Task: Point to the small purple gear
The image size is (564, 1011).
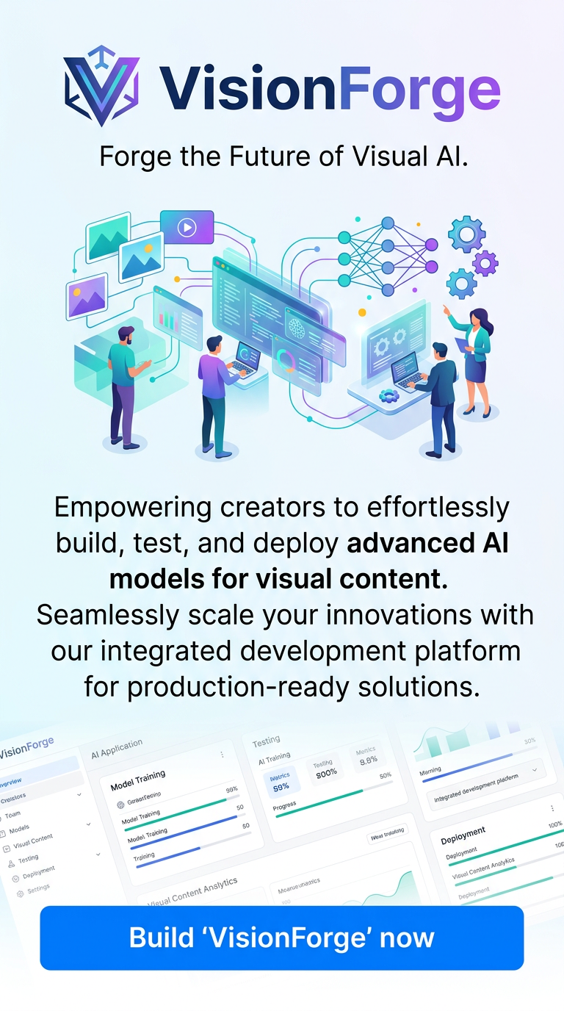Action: pyautogui.click(x=485, y=262)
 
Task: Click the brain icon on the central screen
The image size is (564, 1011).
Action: pyautogui.click(x=297, y=327)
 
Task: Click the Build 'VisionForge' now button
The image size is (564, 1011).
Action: pyautogui.click(x=282, y=938)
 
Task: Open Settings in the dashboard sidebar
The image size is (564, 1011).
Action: pyautogui.click(x=38, y=888)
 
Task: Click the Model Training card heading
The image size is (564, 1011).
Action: pyautogui.click(x=138, y=780)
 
